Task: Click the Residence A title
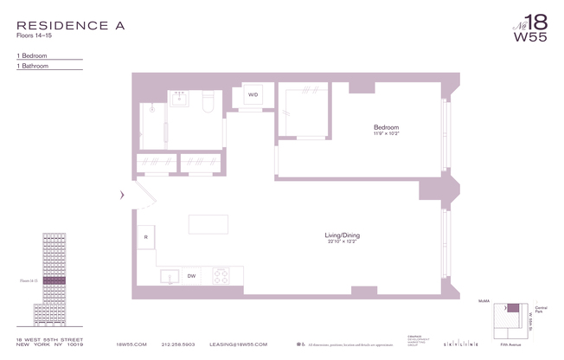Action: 70,25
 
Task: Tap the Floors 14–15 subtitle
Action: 35,37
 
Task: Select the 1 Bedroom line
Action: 34,55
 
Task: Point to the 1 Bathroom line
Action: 34,66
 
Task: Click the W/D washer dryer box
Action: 253,94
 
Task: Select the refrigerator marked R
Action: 146,236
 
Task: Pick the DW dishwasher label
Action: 191,276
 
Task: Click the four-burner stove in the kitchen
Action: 220,277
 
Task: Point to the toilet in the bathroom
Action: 208,101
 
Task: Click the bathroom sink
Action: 182,98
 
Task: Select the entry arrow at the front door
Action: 122,196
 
